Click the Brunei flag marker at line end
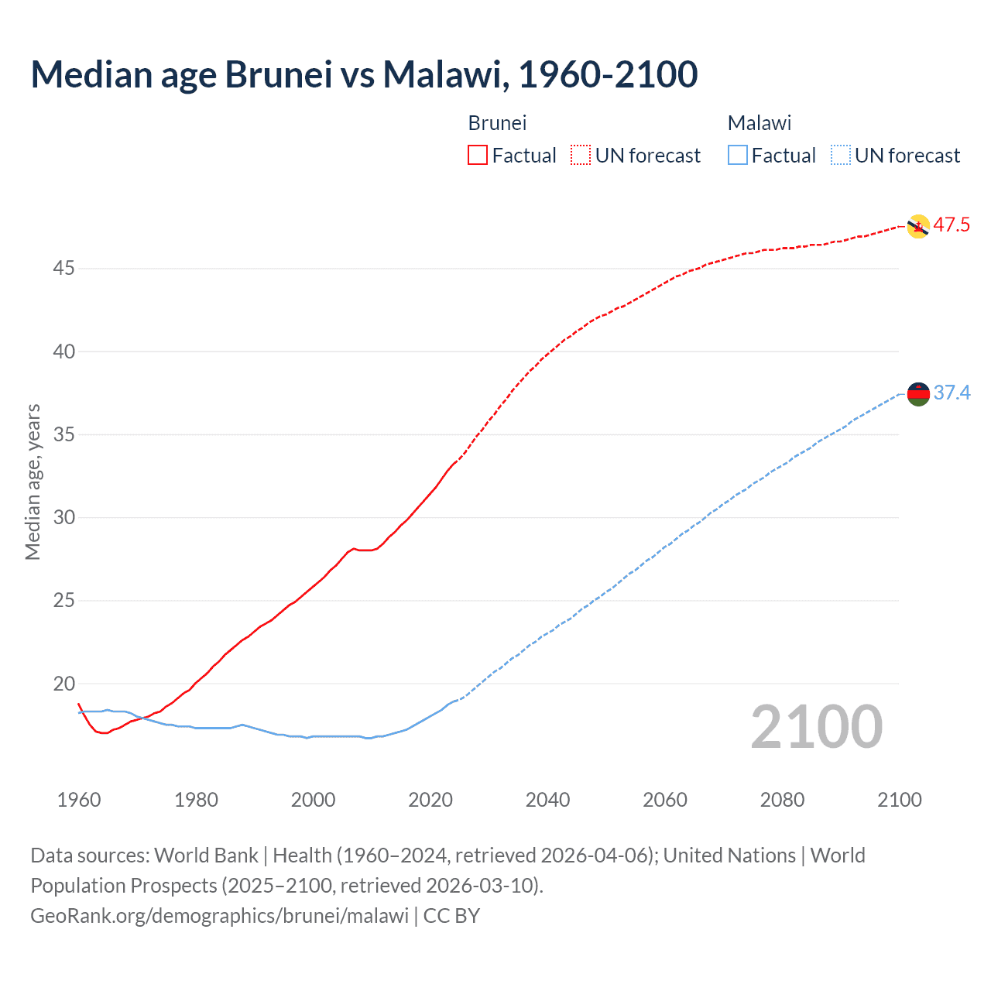tap(917, 226)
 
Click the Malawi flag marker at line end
tap(917, 394)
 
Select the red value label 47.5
tap(952, 225)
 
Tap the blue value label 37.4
tap(952, 393)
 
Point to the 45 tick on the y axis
tap(63, 269)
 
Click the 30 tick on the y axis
tap(63, 517)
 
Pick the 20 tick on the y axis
tap(63, 684)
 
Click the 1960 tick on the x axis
tap(79, 800)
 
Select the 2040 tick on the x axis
tap(547, 800)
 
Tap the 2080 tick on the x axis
tap(782, 800)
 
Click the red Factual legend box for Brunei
tap(478, 156)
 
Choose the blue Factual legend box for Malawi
tap(738, 156)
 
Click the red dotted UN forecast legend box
tap(581, 156)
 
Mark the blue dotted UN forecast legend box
tap(840, 156)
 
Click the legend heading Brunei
tap(497, 123)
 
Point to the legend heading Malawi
tap(759, 123)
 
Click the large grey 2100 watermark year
tap(816, 727)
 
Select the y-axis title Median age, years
tap(33, 482)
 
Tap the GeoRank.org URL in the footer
tap(219, 916)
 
